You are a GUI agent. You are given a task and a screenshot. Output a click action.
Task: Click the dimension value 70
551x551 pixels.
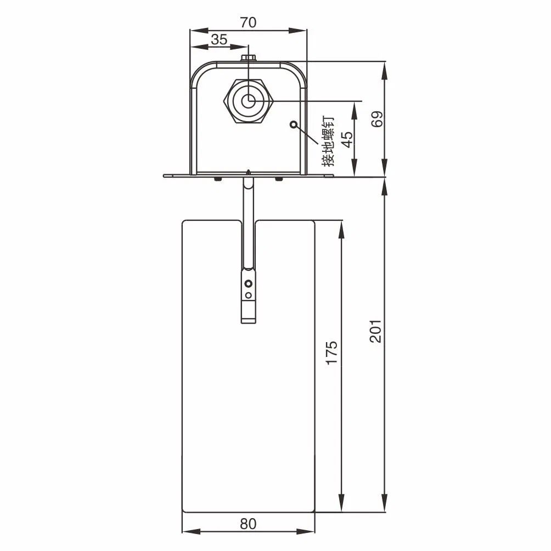(x=248, y=22)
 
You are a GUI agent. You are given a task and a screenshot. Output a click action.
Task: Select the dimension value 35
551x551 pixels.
(x=219, y=39)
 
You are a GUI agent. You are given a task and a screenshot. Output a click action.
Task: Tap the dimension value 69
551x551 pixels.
(x=376, y=119)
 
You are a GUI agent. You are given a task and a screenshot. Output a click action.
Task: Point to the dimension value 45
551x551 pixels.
(x=347, y=140)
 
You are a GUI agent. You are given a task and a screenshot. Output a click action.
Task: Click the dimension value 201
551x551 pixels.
(x=376, y=331)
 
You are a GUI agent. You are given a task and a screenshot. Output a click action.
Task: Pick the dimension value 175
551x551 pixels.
(x=331, y=353)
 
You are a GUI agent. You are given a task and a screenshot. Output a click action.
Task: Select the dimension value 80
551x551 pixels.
(x=248, y=524)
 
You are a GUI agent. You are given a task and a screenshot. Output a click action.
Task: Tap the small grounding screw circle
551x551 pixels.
(x=294, y=124)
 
